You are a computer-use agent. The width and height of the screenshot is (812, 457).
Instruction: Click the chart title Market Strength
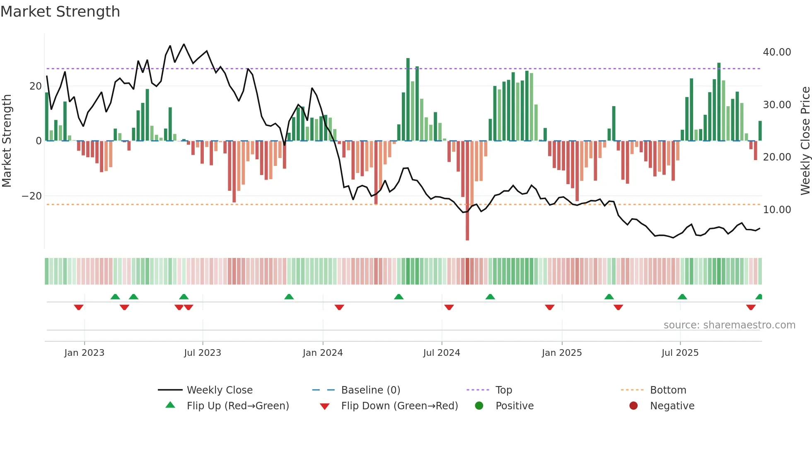click(x=60, y=12)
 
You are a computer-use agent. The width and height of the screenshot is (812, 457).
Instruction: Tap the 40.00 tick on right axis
click(x=777, y=52)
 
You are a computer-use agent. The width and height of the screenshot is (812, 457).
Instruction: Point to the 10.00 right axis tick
click(x=777, y=210)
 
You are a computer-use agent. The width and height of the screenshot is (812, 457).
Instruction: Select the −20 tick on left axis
click(x=32, y=196)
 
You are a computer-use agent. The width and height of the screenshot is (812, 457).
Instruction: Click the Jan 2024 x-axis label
click(x=322, y=353)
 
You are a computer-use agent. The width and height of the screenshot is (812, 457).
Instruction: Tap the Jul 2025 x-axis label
click(x=680, y=353)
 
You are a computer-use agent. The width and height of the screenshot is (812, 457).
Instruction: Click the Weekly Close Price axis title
click(x=805, y=141)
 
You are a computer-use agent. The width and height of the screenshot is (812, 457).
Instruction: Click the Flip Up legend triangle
click(x=170, y=405)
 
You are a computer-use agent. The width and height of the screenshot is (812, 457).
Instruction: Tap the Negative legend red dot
click(x=633, y=406)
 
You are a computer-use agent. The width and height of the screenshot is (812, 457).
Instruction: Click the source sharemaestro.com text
click(x=729, y=325)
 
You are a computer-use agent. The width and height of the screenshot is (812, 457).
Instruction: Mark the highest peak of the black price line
click(x=184, y=44)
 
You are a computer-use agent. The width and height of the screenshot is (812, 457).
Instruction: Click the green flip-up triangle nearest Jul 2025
click(x=682, y=297)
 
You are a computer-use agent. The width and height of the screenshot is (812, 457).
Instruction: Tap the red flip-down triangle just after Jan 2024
click(x=339, y=307)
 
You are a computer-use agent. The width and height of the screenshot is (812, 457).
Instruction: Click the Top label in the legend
click(x=503, y=390)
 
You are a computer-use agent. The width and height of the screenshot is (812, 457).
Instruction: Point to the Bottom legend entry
click(x=668, y=390)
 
